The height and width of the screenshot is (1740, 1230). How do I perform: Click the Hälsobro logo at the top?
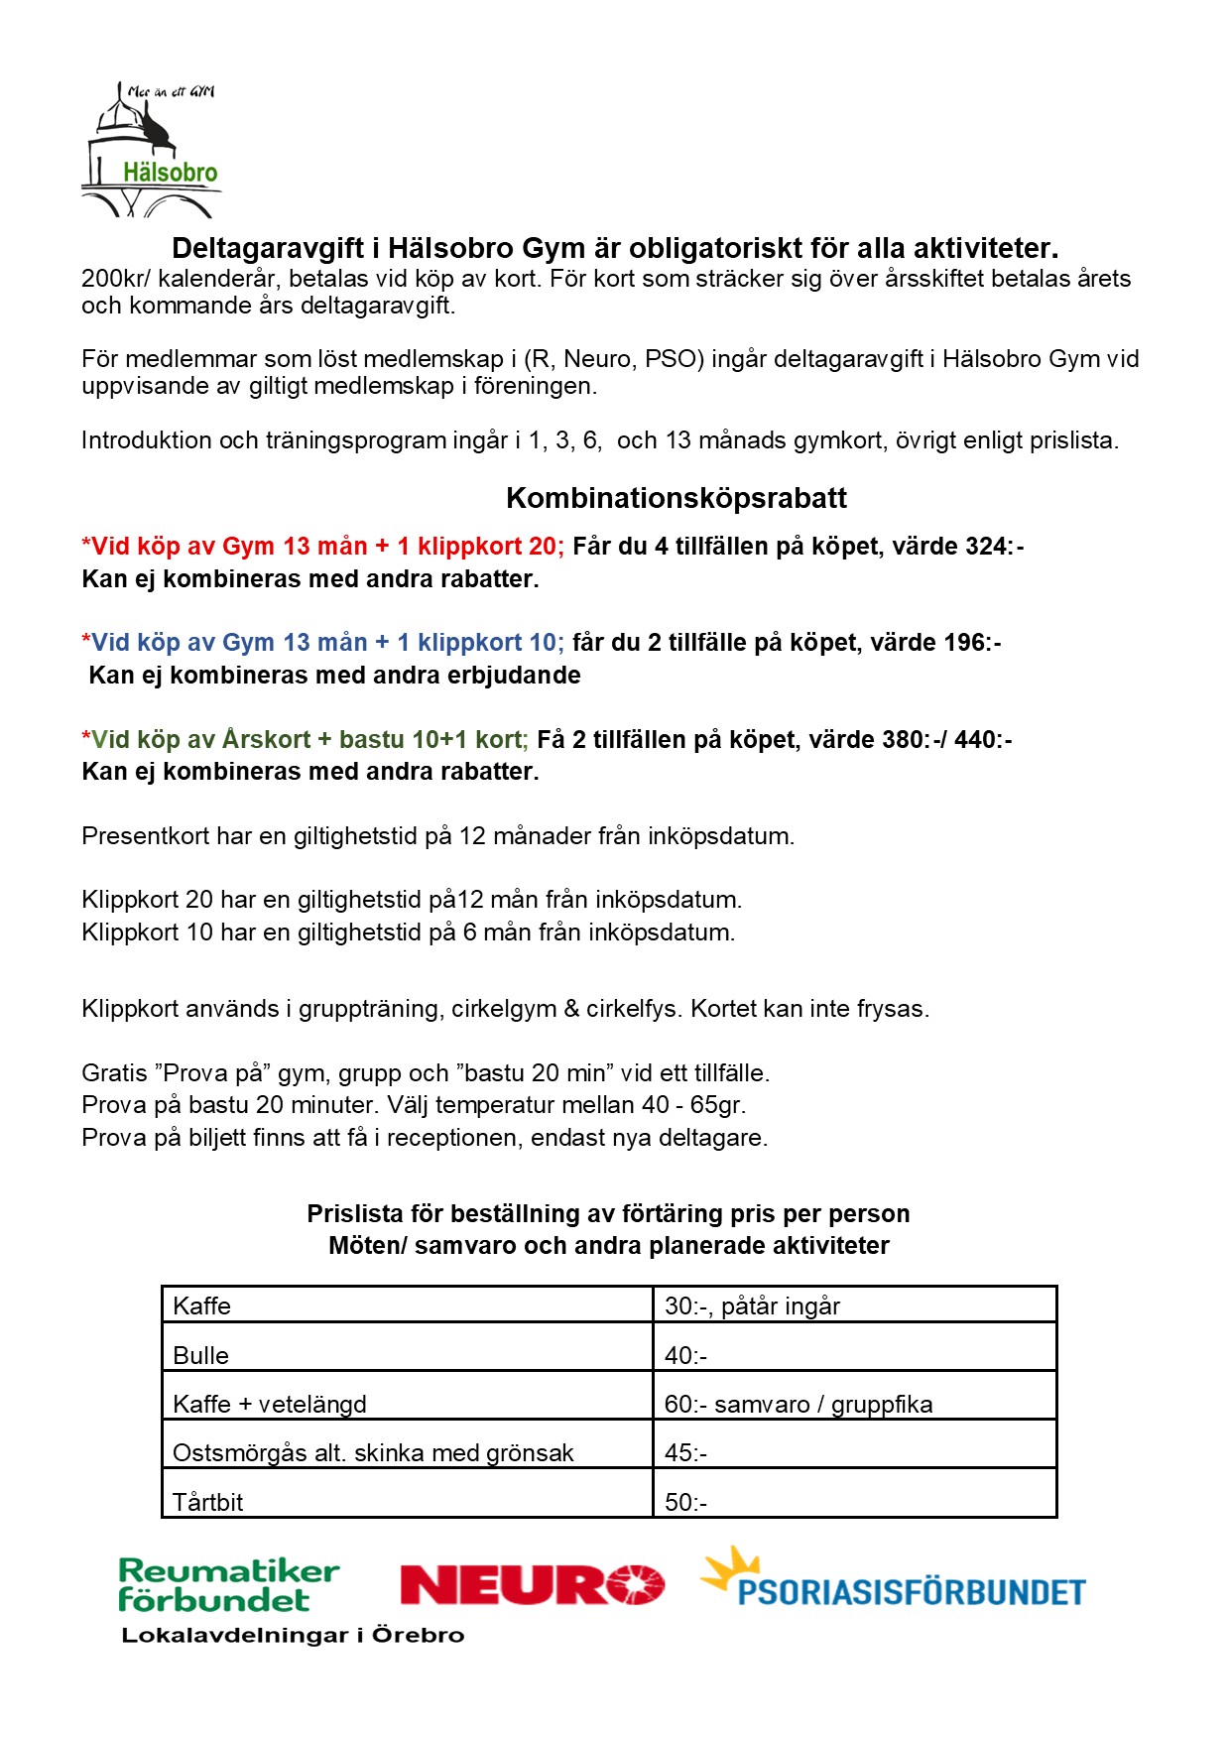tap(152, 151)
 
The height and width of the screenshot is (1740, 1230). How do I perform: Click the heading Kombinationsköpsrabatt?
tap(676, 498)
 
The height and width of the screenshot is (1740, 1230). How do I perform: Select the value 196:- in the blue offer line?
tap(972, 643)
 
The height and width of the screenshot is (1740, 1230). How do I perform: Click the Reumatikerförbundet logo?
tap(228, 1585)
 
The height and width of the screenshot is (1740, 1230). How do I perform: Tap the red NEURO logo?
tap(532, 1584)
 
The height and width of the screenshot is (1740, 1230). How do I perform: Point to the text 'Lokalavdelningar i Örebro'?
tap(293, 1635)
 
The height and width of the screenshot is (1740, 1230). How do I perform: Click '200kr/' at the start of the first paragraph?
tap(112, 279)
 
